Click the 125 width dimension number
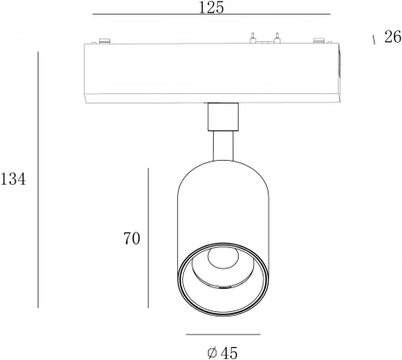[211, 8]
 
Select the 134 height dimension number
[13, 180]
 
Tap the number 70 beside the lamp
[132, 239]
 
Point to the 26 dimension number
[393, 37]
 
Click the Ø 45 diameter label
[222, 353]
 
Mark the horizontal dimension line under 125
[211, 14]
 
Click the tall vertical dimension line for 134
[38, 180]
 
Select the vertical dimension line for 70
[148, 238]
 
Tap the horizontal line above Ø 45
[223, 334]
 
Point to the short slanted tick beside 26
[374, 39]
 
